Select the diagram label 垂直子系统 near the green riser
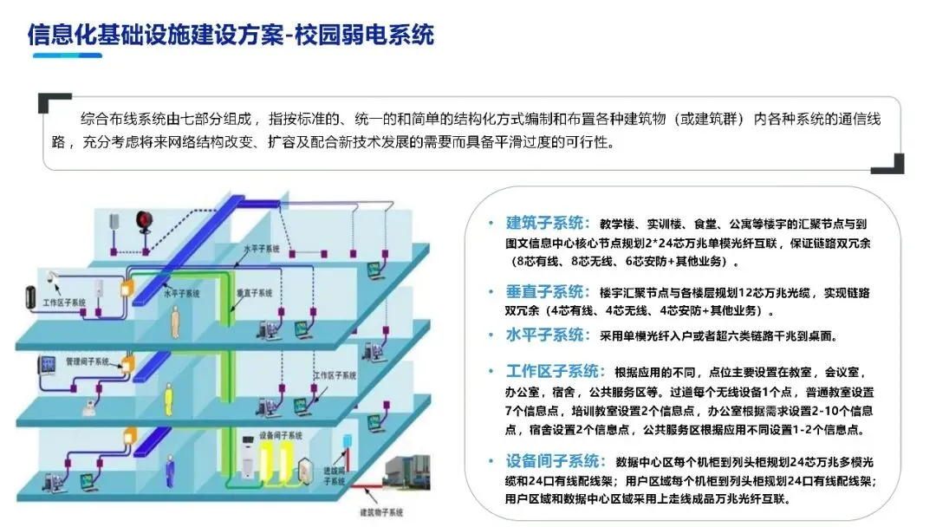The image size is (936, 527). click(248, 294)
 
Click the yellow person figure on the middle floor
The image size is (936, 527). click(178, 322)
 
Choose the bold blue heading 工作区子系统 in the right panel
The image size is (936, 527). click(556, 372)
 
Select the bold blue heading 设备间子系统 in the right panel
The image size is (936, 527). click(556, 460)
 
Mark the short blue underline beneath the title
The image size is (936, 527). click(67, 55)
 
